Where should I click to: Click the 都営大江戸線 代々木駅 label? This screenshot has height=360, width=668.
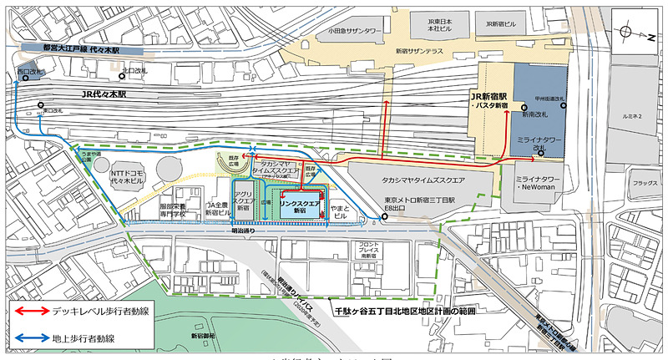(x=81, y=48)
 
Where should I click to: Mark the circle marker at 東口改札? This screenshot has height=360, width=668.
(x=39, y=106)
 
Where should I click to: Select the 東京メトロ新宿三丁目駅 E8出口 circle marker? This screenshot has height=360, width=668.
(x=384, y=218)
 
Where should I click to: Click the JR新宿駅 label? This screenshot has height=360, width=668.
(x=489, y=99)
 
